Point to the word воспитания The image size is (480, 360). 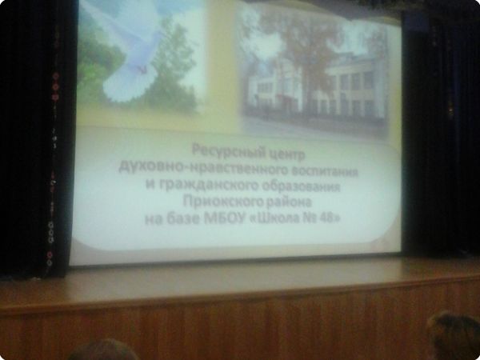coord(325,171)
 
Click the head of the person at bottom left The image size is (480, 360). coord(103,350)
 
